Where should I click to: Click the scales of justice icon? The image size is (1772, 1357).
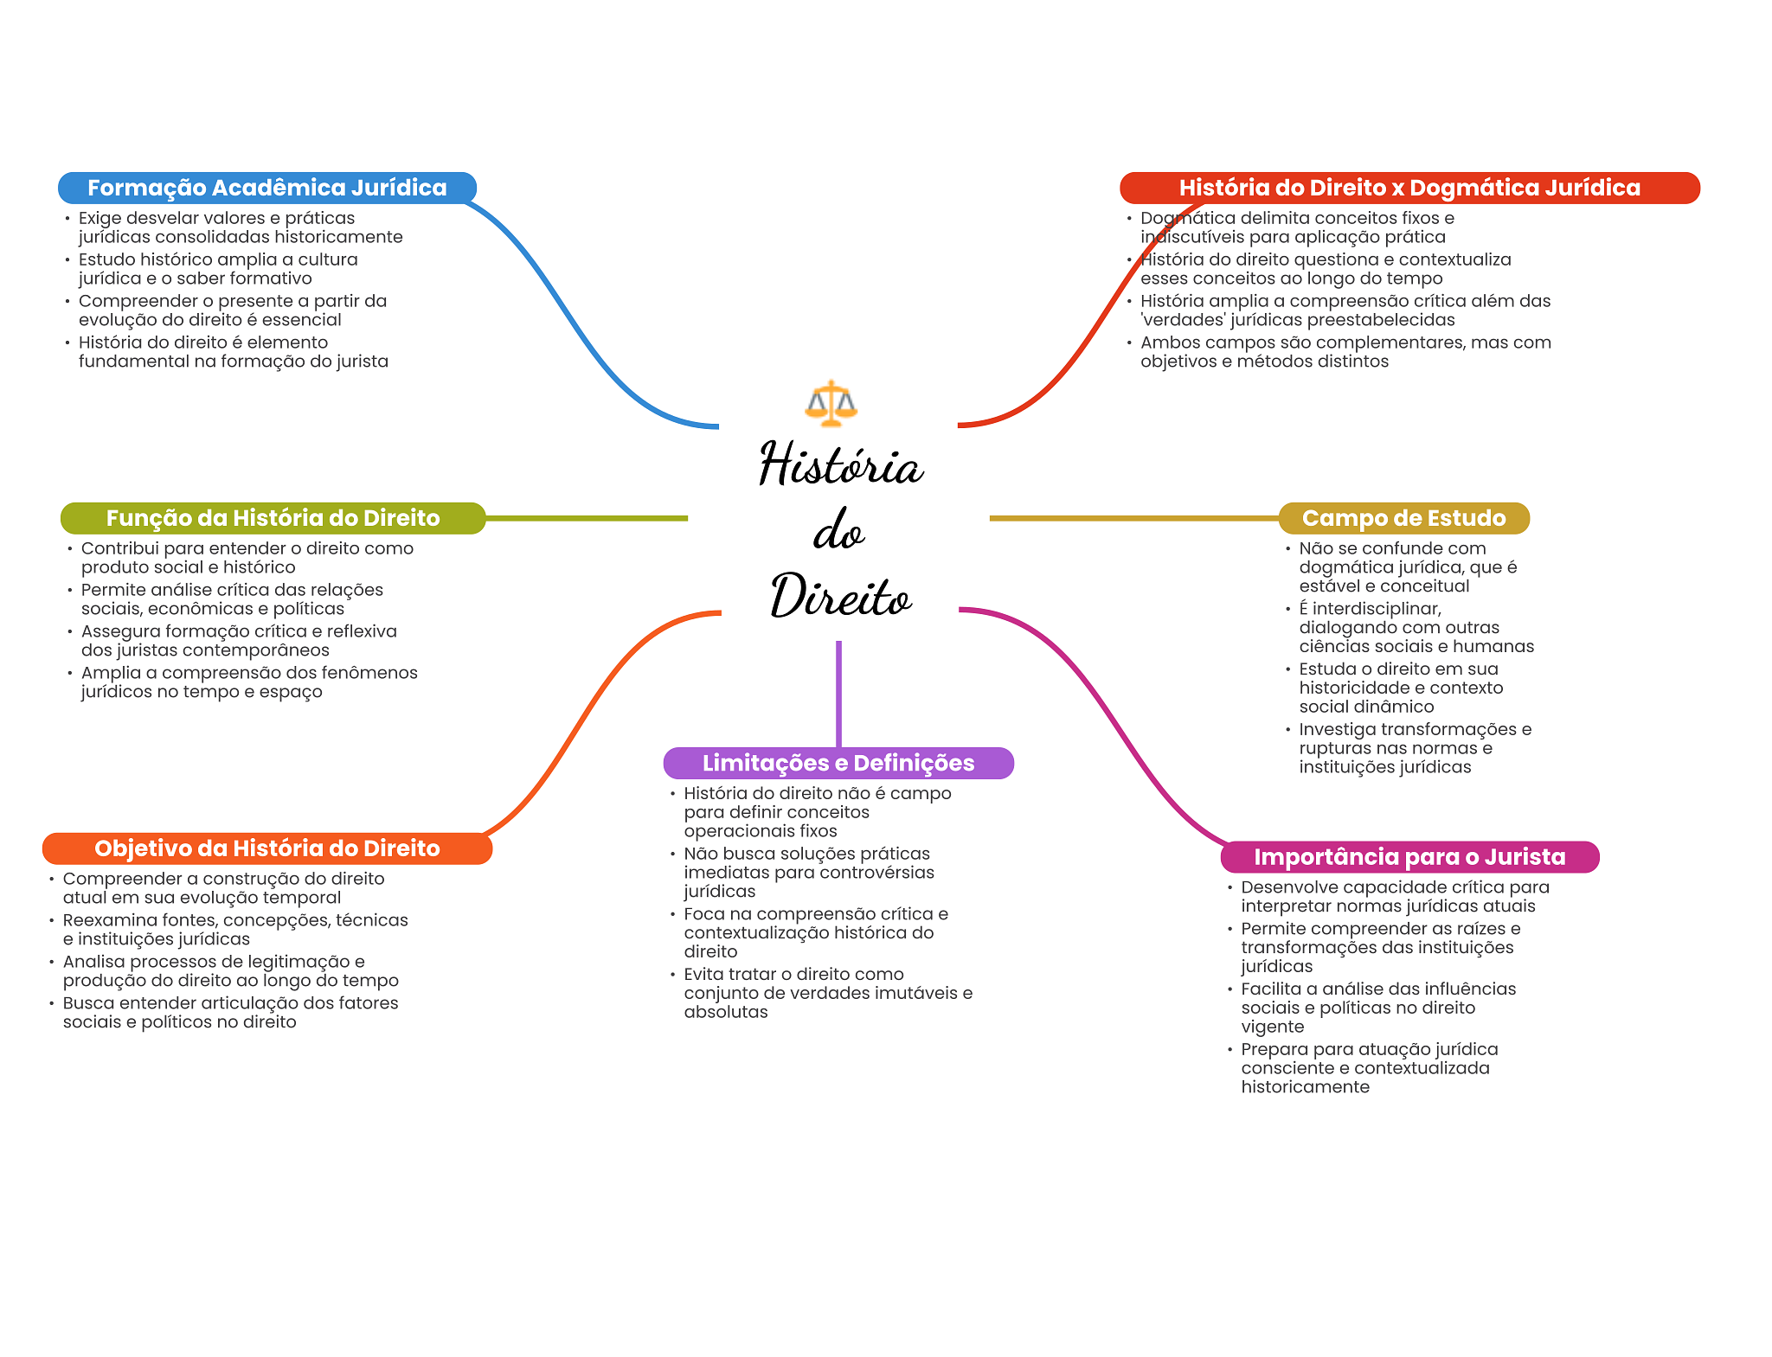[831, 403]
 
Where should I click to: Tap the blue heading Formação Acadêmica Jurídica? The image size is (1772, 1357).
[266, 188]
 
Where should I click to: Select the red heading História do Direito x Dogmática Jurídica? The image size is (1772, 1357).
[1409, 188]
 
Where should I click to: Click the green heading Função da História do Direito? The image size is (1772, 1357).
[273, 518]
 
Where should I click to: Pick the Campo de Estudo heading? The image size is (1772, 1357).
[1403, 518]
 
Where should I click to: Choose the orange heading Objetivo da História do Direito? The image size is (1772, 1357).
[266, 848]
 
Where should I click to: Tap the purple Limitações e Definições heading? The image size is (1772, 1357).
[838, 763]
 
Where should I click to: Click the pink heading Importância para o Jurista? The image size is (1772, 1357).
[1409, 857]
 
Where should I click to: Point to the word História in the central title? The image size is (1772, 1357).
[841, 464]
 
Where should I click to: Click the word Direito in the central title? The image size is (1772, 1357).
[841, 597]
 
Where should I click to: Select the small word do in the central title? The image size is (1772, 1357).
[838, 530]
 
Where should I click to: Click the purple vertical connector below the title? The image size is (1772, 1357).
[838, 692]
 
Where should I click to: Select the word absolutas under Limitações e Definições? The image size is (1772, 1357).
[725, 1012]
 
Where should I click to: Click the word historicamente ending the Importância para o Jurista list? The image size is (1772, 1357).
[1305, 1087]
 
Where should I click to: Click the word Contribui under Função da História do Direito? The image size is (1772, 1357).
[119, 548]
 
